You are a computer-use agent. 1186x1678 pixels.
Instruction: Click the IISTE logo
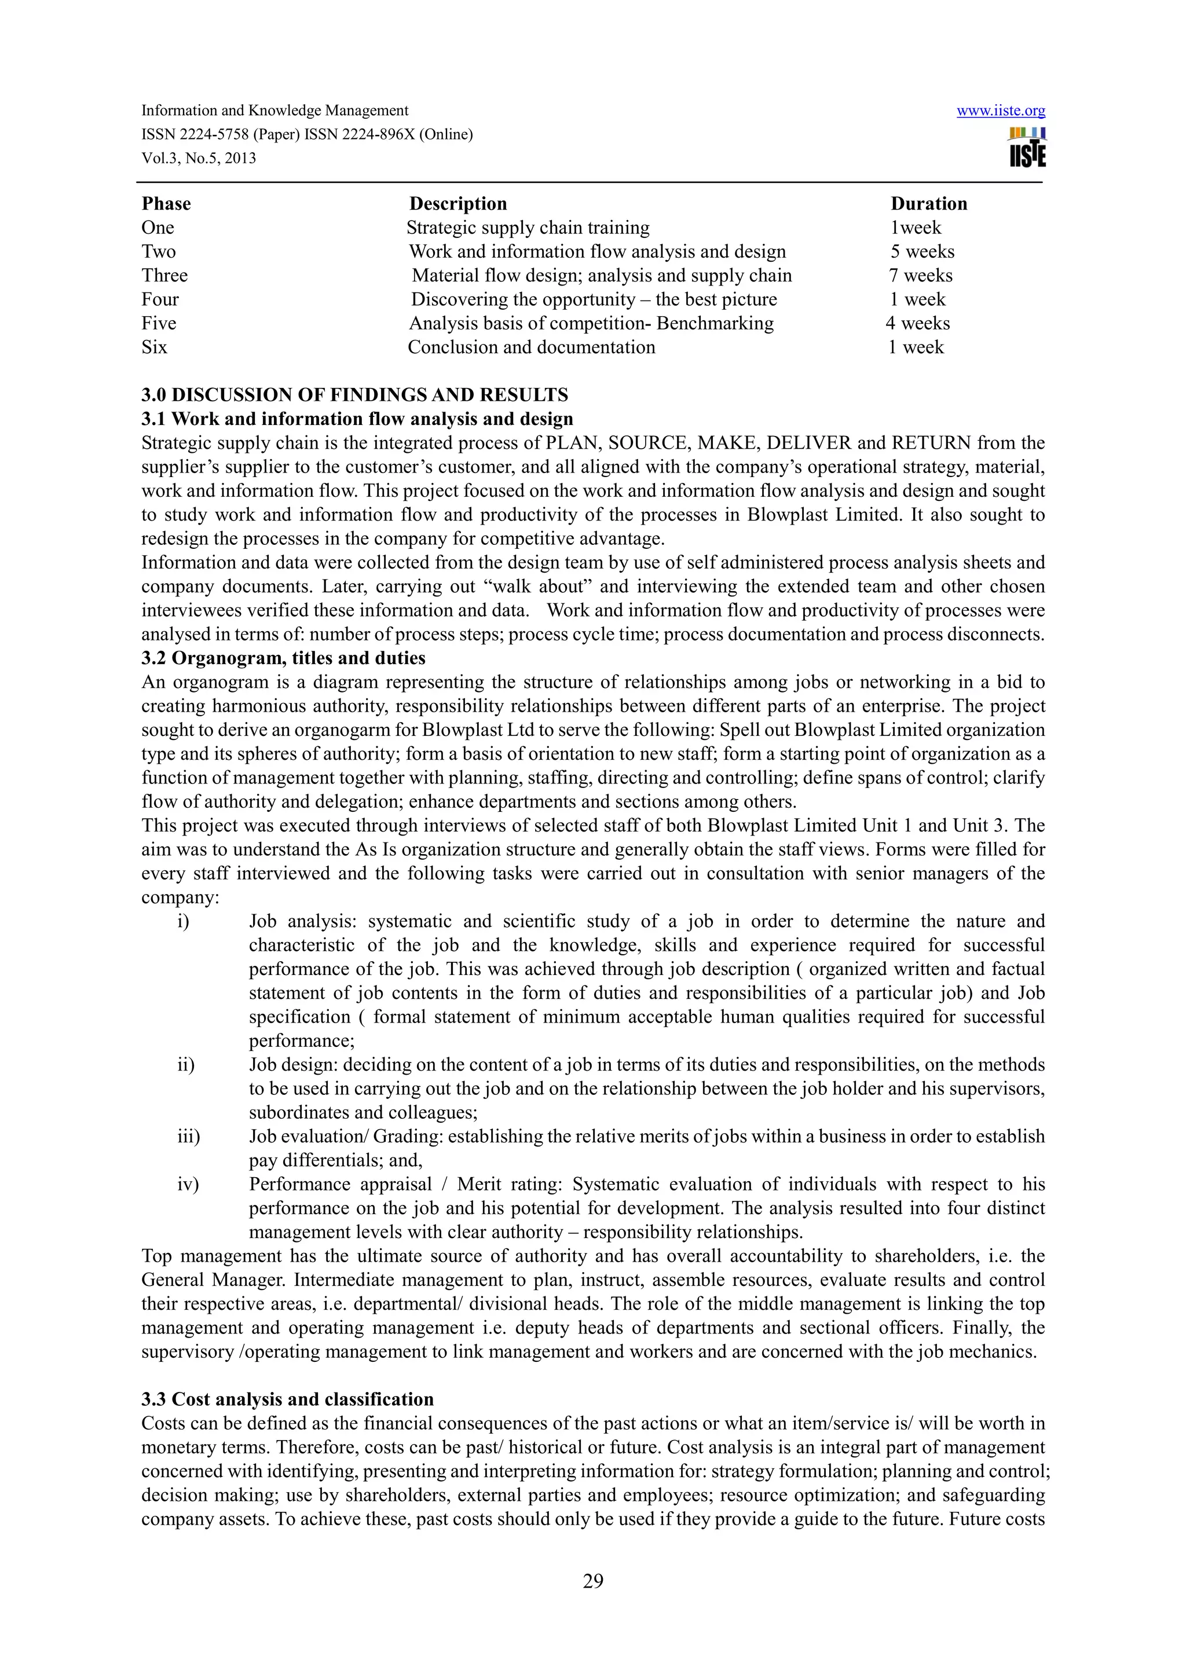pyautogui.click(x=1027, y=148)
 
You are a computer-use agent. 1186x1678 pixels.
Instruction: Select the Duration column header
pyautogui.click(x=928, y=204)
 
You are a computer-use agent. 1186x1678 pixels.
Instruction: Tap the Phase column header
pyautogui.click(x=166, y=204)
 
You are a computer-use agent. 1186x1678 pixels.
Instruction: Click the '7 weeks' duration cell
pyautogui.click(x=920, y=276)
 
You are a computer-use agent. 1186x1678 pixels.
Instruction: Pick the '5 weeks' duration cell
pyautogui.click(x=921, y=251)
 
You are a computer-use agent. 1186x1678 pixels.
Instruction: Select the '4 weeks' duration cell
pyautogui.click(x=918, y=323)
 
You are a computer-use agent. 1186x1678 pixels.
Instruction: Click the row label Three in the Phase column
pyautogui.click(x=164, y=276)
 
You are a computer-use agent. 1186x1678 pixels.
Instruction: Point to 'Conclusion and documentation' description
pyautogui.click(x=531, y=347)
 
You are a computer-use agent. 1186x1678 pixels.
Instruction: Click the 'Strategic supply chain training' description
pyautogui.click(x=528, y=228)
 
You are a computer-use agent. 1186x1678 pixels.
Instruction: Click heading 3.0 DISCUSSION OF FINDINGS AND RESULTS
pyautogui.click(x=354, y=395)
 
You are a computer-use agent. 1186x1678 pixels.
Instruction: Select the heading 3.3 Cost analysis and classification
pyautogui.click(x=287, y=1399)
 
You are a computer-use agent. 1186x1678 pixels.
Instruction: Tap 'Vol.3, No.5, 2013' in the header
pyautogui.click(x=198, y=159)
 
